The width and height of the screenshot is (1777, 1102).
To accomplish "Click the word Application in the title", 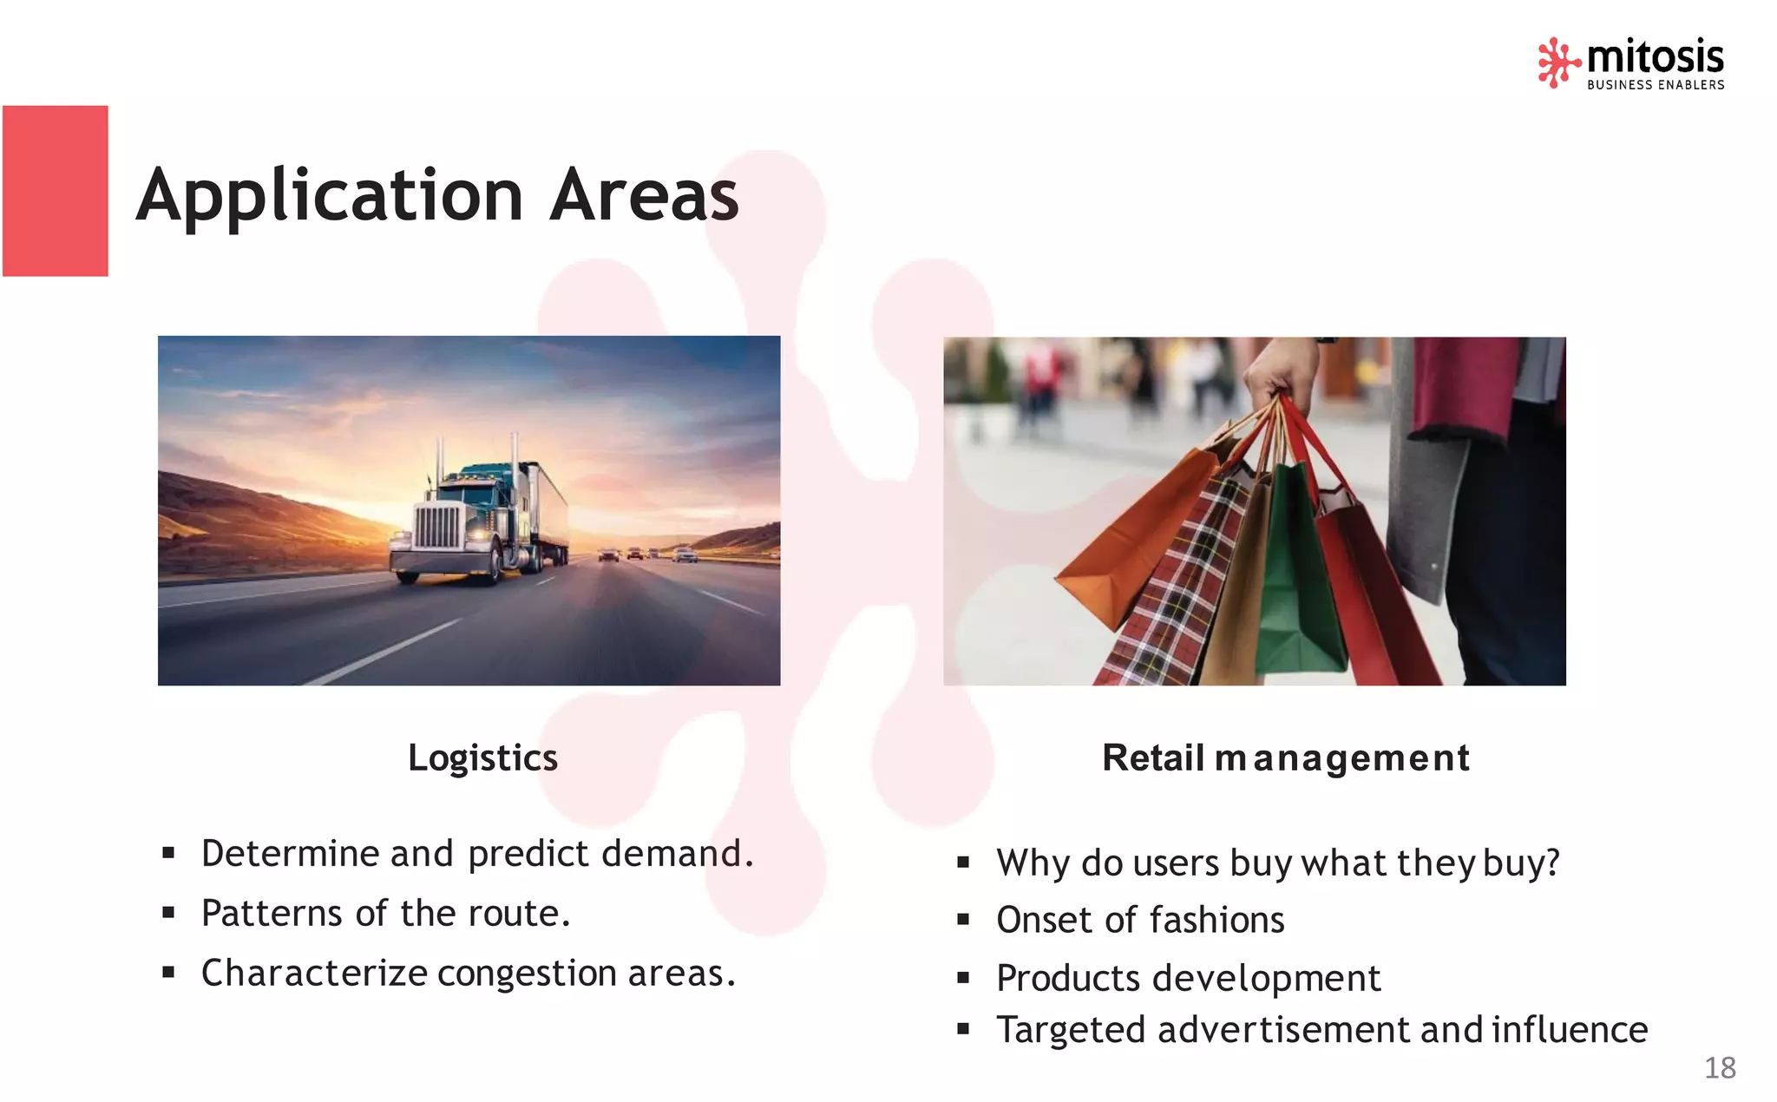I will point(330,196).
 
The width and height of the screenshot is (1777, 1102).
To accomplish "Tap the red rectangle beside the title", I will point(56,191).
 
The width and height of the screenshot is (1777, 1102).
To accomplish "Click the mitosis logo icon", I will point(1558,62).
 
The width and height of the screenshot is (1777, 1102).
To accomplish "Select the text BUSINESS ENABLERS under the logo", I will point(1656,85).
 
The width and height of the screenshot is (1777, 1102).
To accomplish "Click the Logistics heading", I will point(482,758).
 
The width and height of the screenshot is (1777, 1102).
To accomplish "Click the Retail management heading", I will point(1285,758).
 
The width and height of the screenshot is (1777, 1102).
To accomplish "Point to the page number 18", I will point(1720,1067).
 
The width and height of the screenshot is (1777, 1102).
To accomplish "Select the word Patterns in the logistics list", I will point(272,914).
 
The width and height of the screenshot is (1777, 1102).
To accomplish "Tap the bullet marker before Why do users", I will point(963,863).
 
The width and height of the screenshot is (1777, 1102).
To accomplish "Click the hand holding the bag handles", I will point(1280,369).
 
